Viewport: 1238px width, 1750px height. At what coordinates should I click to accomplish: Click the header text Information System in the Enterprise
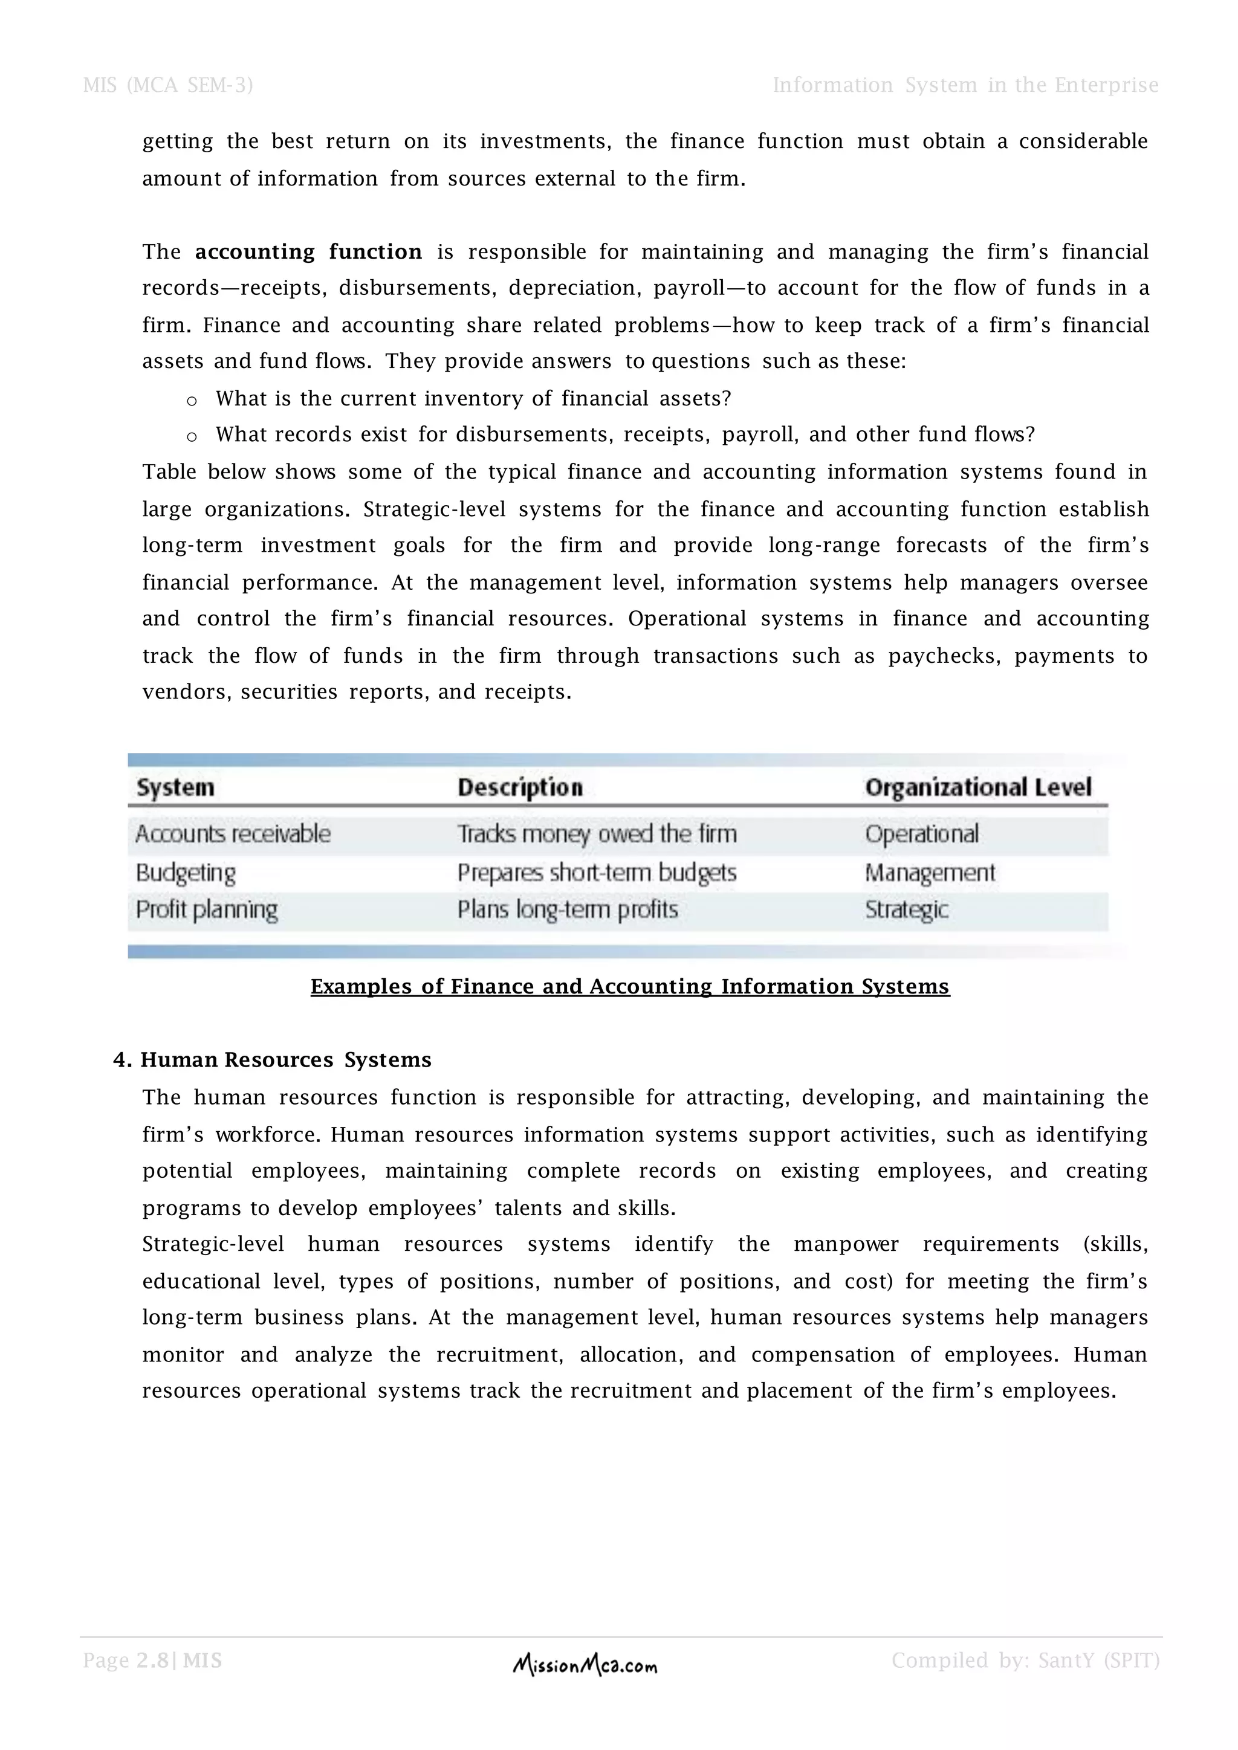[965, 85]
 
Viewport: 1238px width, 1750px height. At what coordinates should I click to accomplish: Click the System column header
[175, 787]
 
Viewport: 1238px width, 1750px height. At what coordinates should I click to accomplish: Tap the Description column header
[520, 787]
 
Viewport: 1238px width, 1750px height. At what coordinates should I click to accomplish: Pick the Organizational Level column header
[978, 787]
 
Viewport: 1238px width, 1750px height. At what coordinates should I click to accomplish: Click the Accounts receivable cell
[233, 834]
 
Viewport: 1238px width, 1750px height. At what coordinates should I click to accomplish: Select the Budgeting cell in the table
[186, 873]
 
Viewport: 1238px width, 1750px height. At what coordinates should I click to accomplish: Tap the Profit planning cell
[207, 910]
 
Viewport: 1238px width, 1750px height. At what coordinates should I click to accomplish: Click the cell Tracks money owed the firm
[597, 834]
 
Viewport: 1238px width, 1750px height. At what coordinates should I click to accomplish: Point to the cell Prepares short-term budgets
[597, 873]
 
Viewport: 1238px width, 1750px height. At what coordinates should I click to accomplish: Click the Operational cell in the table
[922, 834]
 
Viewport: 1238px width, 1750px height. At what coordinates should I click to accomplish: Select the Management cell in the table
[930, 873]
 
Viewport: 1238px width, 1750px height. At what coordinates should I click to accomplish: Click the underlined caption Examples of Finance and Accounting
[630, 987]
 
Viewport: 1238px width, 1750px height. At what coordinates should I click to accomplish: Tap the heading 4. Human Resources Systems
[272, 1061]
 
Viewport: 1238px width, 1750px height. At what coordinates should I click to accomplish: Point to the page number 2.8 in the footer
[152, 1661]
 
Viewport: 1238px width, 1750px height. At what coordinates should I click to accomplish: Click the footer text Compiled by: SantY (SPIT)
[1025, 1661]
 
